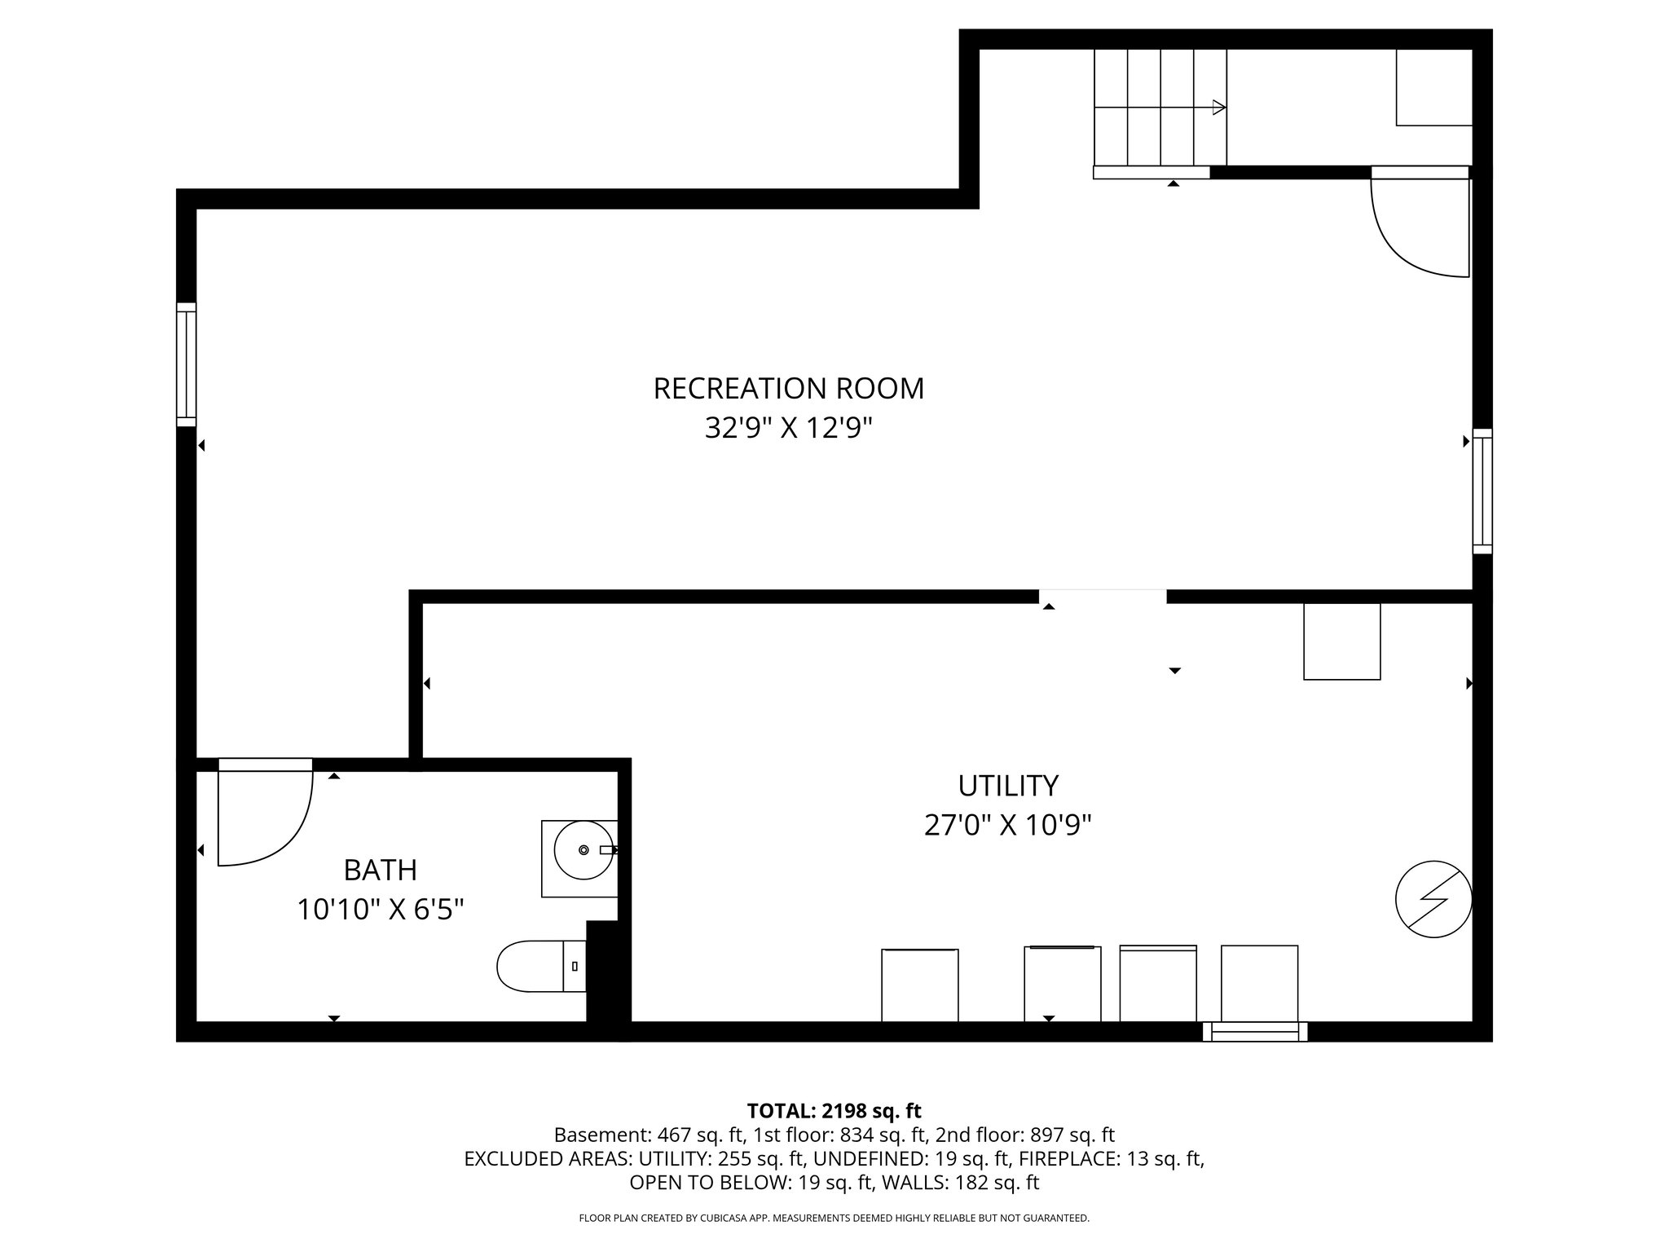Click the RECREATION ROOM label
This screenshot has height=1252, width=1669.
click(788, 389)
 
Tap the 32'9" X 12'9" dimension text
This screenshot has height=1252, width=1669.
click(788, 428)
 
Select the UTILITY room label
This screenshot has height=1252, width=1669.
click(1007, 786)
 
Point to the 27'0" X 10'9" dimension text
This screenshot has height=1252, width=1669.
click(1007, 826)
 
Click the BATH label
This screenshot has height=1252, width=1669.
click(380, 871)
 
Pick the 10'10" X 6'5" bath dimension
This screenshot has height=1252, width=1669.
click(380, 910)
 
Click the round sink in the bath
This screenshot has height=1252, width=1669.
click(583, 850)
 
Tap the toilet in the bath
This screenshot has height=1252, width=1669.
click(534, 966)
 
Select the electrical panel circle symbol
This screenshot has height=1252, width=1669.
click(1433, 899)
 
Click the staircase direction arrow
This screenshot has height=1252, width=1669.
click(1218, 107)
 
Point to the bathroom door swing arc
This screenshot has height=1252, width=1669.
click(277, 831)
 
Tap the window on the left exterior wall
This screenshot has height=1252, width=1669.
click(187, 364)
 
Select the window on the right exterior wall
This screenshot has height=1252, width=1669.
click(1482, 492)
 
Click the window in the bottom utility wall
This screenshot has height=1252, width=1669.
click(1255, 1032)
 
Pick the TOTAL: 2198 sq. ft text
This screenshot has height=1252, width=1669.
click(834, 1110)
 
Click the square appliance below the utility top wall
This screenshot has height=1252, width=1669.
click(1341, 641)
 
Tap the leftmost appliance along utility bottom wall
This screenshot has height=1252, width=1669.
click(919, 985)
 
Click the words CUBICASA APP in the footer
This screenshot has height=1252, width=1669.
click(729, 1219)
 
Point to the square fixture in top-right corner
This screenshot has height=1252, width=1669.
click(1433, 87)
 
